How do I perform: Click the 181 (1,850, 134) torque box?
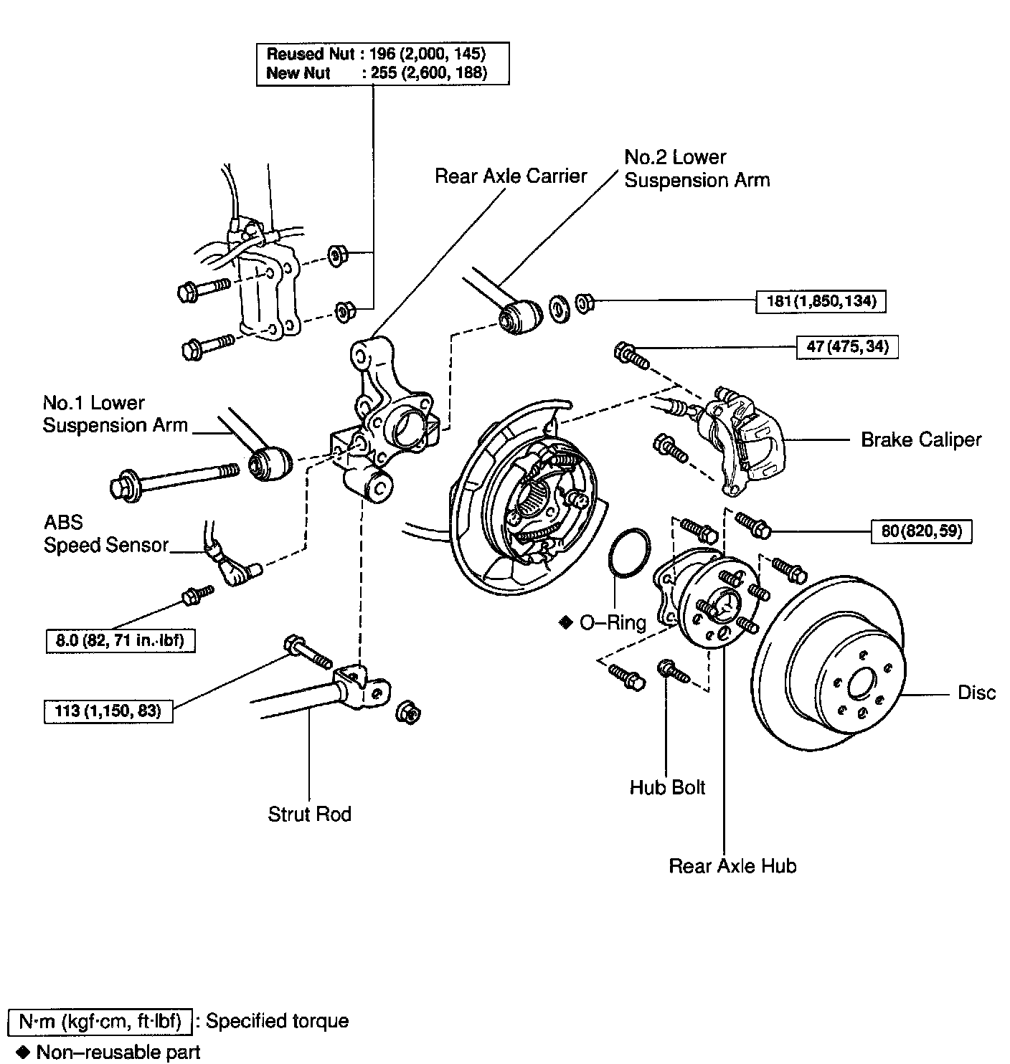tap(821, 301)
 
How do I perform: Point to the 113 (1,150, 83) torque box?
tap(108, 712)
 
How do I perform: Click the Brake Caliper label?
tap(921, 440)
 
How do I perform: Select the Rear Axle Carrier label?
tap(511, 176)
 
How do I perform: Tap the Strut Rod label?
tap(309, 814)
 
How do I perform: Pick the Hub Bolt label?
tap(667, 787)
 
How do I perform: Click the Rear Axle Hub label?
tap(732, 866)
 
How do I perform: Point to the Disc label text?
tap(977, 693)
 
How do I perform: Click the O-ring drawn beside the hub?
tap(630, 553)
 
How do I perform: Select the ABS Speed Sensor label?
tap(105, 533)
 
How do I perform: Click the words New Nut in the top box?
tap(298, 73)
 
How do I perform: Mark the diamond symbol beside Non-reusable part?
tap(24, 1052)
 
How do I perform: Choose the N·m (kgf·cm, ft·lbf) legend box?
tap(100, 1022)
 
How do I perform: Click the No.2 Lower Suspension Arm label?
tap(697, 168)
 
